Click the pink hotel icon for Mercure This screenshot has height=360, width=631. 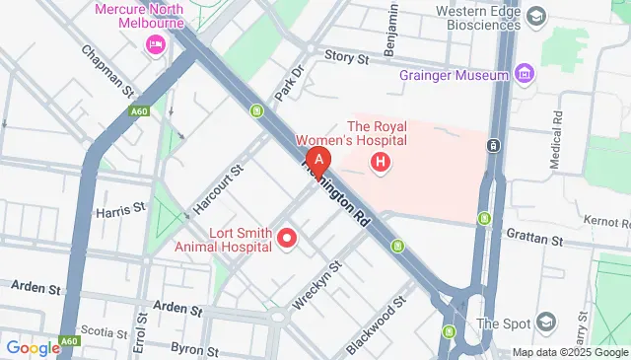(155, 44)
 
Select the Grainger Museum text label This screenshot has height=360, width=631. (454, 75)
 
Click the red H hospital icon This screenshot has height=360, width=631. (383, 160)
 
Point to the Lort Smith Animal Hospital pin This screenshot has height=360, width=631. (288, 237)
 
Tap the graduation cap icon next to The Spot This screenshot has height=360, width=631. (545, 324)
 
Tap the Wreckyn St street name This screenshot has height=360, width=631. (322, 281)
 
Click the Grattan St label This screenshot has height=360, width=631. (532, 239)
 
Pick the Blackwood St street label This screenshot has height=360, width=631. (377, 326)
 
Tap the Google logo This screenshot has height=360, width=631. (33, 347)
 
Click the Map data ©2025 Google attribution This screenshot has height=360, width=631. (569, 352)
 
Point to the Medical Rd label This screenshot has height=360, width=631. (556, 120)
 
